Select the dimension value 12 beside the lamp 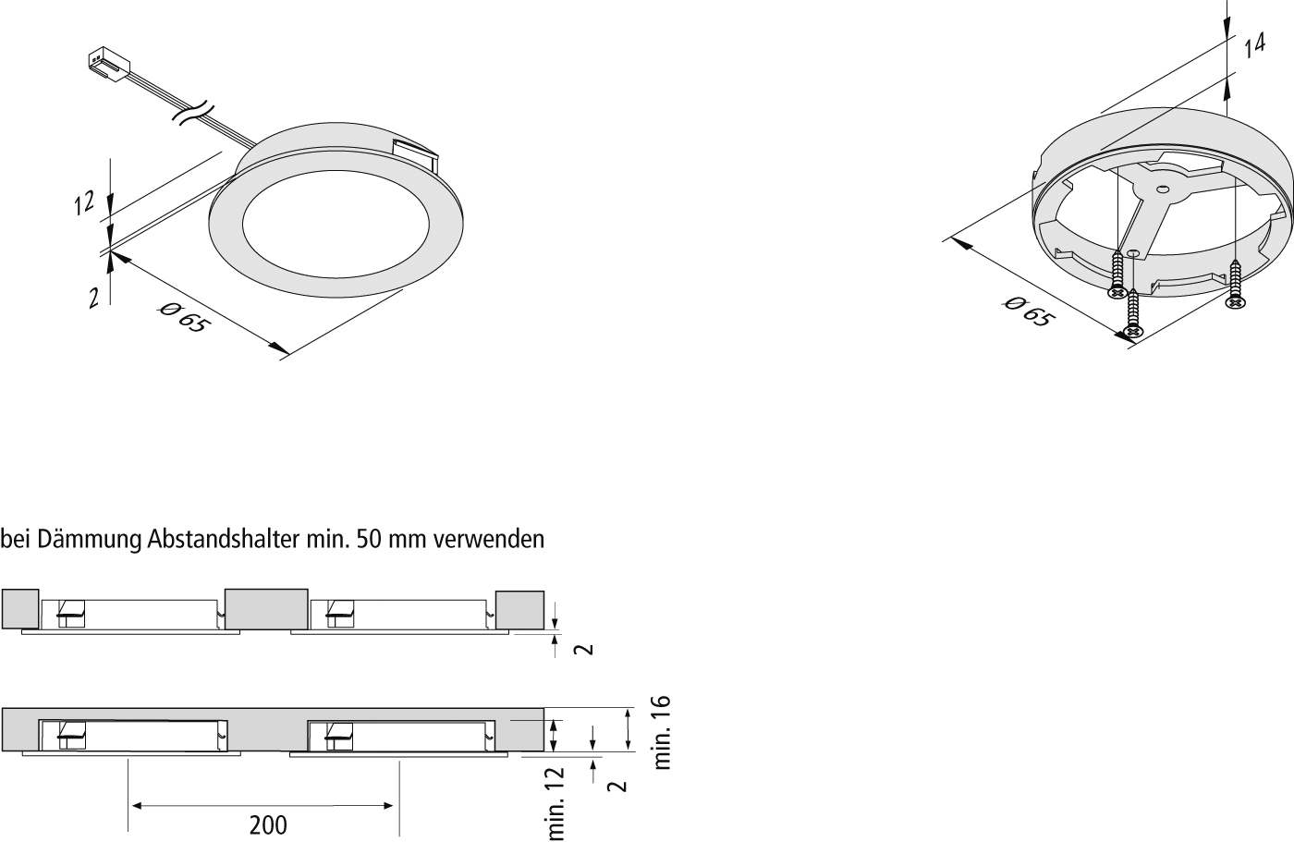(83, 204)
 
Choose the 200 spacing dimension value (268, 825)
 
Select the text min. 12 (555, 803)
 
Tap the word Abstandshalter (223, 540)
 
